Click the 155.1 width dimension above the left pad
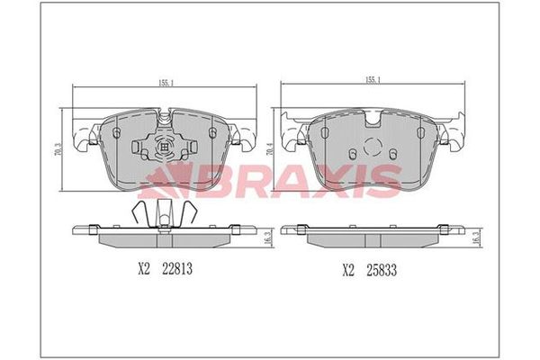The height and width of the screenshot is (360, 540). click(x=166, y=83)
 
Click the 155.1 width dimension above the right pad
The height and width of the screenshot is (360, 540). click(x=373, y=80)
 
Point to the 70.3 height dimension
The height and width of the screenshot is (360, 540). click(x=58, y=149)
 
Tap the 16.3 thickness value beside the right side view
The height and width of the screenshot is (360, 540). click(x=476, y=238)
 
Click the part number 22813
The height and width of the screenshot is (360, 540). click(x=177, y=269)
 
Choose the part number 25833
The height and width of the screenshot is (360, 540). click(x=382, y=270)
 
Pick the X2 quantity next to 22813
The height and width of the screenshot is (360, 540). click(x=144, y=269)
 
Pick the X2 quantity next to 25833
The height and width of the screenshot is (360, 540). click(x=348, y=270)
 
